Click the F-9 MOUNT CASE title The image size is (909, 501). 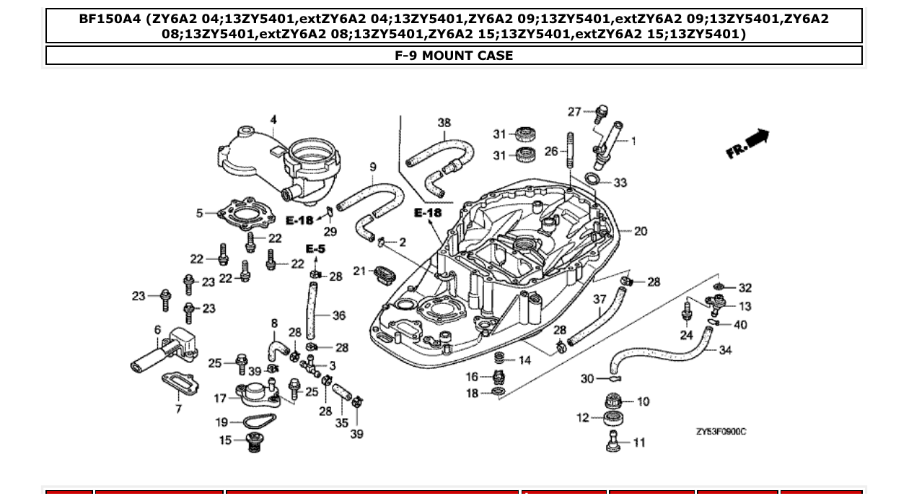click(x=454, y=56)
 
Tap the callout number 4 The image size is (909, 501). click(x=273, y=120)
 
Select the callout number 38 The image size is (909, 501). click(x=444, y=123)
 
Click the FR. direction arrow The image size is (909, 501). click(x=748, y=143)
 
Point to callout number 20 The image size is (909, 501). click(x=640, y=231)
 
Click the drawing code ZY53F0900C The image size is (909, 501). click(x=721, y=432)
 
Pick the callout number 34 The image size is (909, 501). click(x=725, y=350)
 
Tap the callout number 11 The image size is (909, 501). click(x=639, y=443)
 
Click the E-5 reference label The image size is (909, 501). click(x=315, y=248)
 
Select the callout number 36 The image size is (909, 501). click(x=339, y=315)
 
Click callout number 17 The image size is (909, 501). click(x=220, y=398)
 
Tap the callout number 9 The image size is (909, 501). click(x=373, y=167)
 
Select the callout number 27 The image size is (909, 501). click(x=574, y=111)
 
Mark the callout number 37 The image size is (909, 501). click(x=600, y=299)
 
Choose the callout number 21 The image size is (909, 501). click(x=360, y=271)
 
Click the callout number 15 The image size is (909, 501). click(x=226, y=440)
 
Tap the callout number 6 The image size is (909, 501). click(x=157, y=330)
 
